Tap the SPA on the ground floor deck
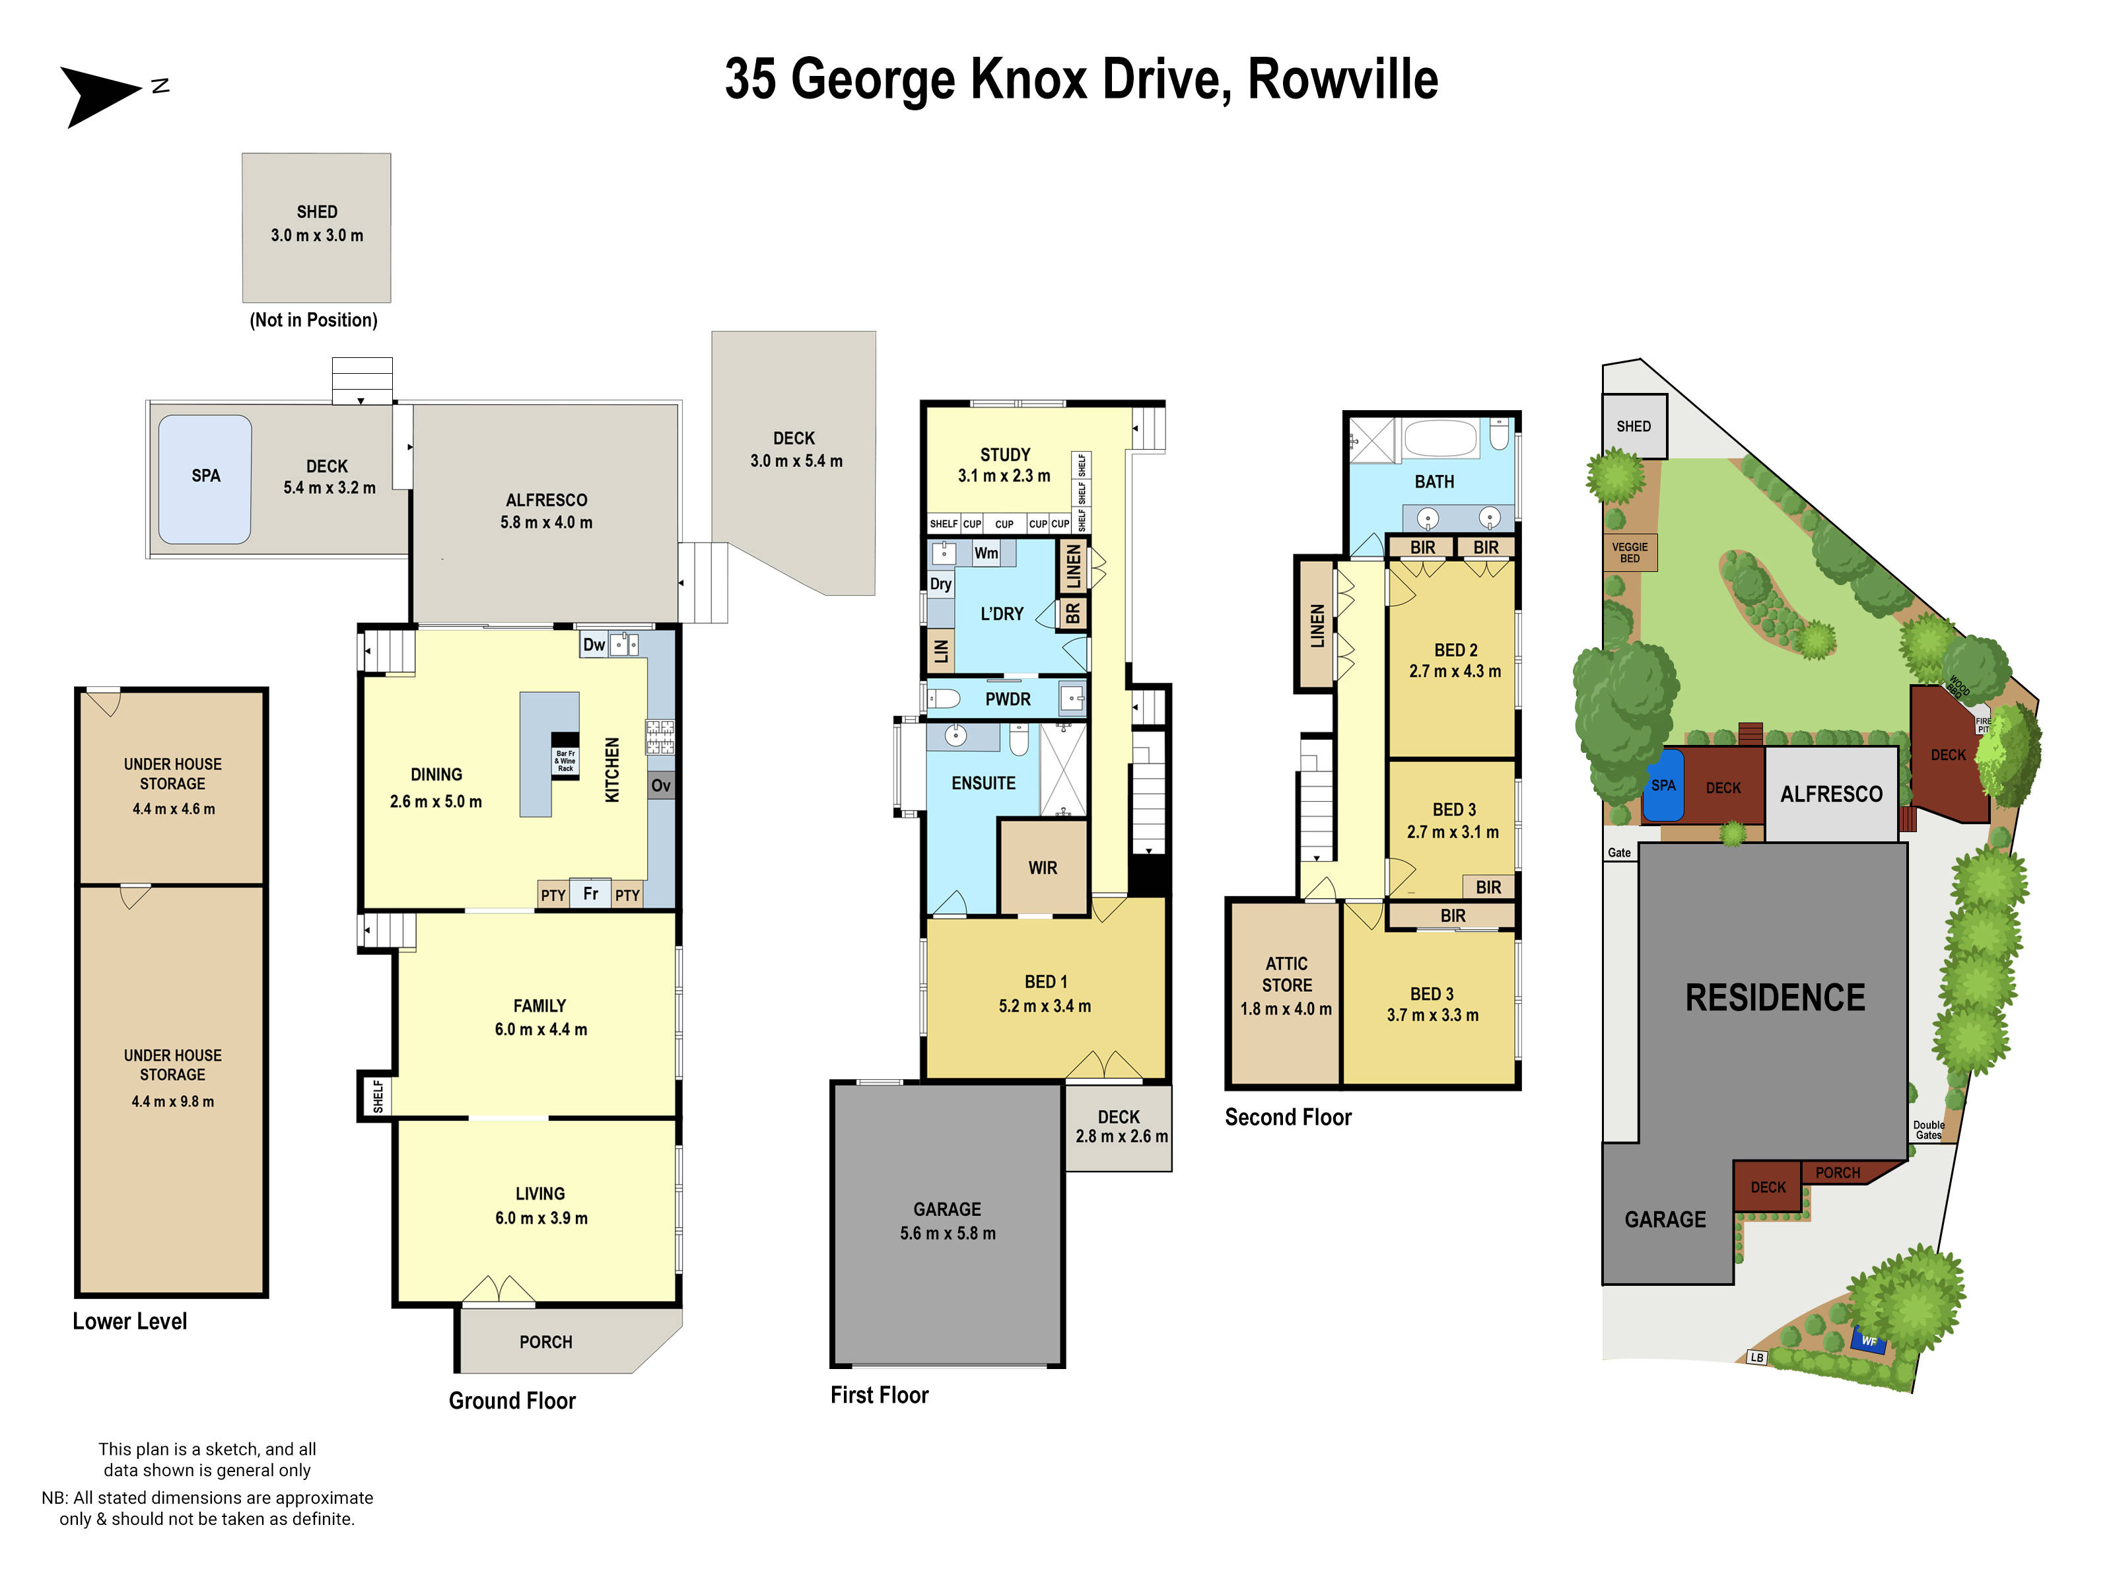(205, 477)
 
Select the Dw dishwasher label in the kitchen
(594, 645)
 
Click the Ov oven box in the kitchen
(661, 785)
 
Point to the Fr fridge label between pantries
(590, 894)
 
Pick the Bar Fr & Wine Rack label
(565, 761)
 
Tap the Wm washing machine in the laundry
(986, 553)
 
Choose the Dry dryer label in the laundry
(940, 584)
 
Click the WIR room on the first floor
(1042, 868)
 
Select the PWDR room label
(1008, 699)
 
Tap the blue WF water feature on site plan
(1869, 1341)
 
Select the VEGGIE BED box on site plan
(1630, 552)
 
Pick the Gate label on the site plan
(1619, 852)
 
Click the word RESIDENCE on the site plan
(1775, 997)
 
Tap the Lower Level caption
(130, 1321)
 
